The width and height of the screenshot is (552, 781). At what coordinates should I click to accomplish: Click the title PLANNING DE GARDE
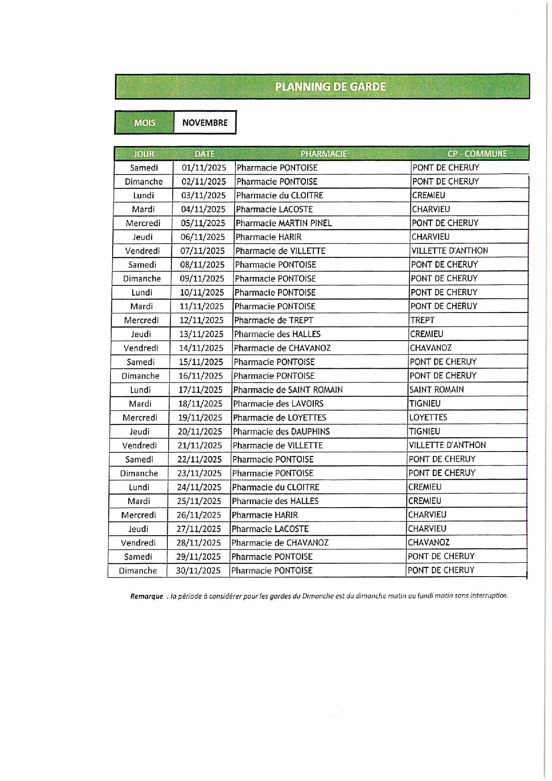(330, 86)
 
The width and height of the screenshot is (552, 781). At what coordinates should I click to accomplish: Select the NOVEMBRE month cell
(205, 122)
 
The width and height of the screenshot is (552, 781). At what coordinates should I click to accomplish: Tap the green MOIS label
(144, 122)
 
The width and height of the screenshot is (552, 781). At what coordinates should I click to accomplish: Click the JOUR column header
(144, 154)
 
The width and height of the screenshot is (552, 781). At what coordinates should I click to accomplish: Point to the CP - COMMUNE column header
(477, 154)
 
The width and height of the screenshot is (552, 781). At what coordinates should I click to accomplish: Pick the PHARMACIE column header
(323, 154)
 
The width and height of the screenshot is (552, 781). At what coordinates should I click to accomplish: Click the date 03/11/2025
(203, 195)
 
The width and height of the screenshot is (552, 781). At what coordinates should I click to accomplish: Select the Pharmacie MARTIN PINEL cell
(284, 223)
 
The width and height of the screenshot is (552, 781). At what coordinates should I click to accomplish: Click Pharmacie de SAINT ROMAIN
(288, 390)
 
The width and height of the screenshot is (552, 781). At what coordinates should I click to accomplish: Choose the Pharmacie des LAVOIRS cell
(278, 404)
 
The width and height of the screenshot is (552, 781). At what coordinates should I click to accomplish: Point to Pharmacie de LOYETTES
(279, 418)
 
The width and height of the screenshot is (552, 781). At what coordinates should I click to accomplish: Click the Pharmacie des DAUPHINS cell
(281, 431)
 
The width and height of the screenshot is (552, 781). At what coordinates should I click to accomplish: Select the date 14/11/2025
(201, 348)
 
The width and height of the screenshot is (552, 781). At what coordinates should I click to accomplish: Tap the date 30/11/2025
(198, 571)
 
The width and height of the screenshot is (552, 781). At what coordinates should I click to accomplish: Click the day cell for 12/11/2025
(141, 320)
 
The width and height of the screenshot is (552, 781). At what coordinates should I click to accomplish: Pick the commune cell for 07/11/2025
(449, 251)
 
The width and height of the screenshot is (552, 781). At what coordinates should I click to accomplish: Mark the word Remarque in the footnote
(146, 596)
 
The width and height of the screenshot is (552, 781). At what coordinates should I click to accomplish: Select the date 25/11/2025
(199, 501)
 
